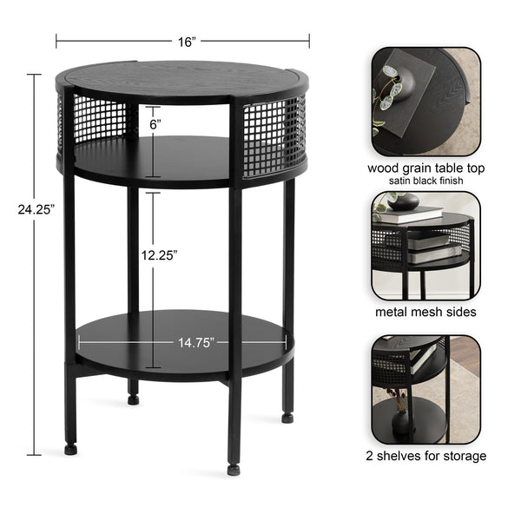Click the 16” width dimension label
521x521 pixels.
pyautogui.click(x=184, y=41)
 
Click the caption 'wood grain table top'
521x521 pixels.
pyautogui.click(x=425, y=168)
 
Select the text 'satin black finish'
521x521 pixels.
pyautogui.click(x=425, y=181)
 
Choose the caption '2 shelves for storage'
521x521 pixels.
pyautogui.click(x=426, y=455)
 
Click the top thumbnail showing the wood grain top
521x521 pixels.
pyautogui.click(x=425, y=102)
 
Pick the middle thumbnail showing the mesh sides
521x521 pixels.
pyautogui.click(x=425, y=246)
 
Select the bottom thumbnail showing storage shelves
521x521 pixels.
pyautogui.click(x=425, y=389)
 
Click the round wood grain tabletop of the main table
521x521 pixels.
pyautogui.click(x=182, y=80)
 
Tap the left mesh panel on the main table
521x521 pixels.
pyautogui.click(x=96, y=120)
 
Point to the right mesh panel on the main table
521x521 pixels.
pyautogui.click(x=274, y=135)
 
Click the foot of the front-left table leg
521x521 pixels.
pyautogui.click(x=70, y=450)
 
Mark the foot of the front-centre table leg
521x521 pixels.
pyautogui.click(x=234, y=469)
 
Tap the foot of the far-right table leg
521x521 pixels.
pyautogui.click(x=287, y=417)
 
